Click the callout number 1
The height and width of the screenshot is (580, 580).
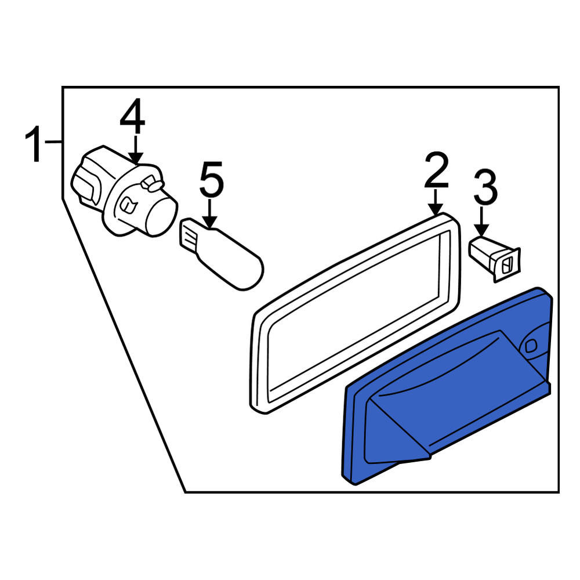(x=34, y=144)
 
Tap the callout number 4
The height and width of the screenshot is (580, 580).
(x=132, y=116)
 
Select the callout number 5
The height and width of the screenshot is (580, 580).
(x=212, y=179)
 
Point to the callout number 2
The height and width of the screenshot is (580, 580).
(x=437, y=170)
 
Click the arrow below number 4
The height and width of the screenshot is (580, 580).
(x=136, y=150)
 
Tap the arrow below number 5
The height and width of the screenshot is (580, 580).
(x=210, y=213)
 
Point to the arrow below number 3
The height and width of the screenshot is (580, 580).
(x=481, y=221)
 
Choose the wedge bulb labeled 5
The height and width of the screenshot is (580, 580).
(x=221, y=253)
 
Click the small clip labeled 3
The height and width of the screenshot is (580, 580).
(x=495, y=258)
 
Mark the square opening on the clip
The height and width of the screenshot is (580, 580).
(x=506, y=265)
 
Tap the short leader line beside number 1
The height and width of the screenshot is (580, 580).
(x=53, y=141)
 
